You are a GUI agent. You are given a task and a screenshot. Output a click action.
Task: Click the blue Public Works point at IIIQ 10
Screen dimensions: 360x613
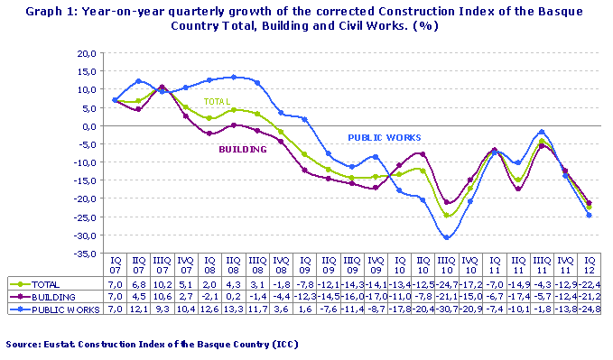446,237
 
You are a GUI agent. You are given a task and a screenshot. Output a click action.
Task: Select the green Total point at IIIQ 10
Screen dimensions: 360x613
446,216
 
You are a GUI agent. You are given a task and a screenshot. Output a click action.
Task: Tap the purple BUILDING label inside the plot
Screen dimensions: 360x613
243,149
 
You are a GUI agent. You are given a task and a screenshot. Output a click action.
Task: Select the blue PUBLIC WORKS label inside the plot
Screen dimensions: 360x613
385,138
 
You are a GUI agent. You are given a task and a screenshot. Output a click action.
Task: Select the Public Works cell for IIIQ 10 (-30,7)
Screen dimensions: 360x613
446,309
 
